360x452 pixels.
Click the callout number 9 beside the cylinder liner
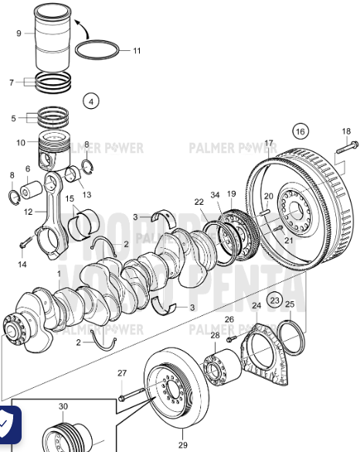pos(19,33)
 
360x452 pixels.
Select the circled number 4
pos(91,100)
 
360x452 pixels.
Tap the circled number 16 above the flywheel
pos(301,130)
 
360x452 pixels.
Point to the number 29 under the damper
pos(182,445)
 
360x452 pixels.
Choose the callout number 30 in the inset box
pos(63,406)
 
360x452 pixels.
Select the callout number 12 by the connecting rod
pos(29,211)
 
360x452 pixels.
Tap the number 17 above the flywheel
pos(269,143)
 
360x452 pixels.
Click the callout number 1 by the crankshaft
pos(59,274)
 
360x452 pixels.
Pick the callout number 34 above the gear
pos(215,194)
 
